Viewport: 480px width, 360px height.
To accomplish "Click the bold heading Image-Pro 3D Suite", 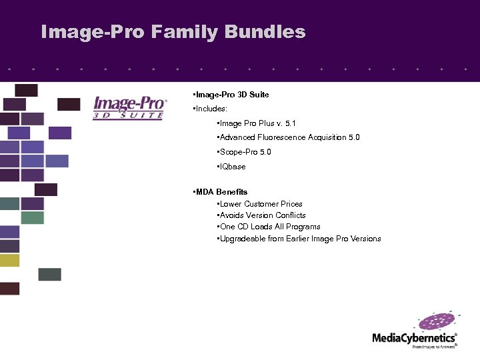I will click(231, 95).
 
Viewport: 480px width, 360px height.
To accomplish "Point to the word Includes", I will click(211, 108).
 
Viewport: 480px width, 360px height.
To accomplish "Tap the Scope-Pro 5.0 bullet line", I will click(245, 152).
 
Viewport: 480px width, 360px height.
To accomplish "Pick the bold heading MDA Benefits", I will click(221, 192).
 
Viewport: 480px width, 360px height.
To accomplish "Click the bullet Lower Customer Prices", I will click(261, 204).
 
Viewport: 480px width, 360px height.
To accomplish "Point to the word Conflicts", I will click(291, 215).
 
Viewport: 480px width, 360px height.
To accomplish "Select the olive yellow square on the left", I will click(9, 261).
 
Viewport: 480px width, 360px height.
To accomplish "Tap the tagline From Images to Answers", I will click(433, 347).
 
